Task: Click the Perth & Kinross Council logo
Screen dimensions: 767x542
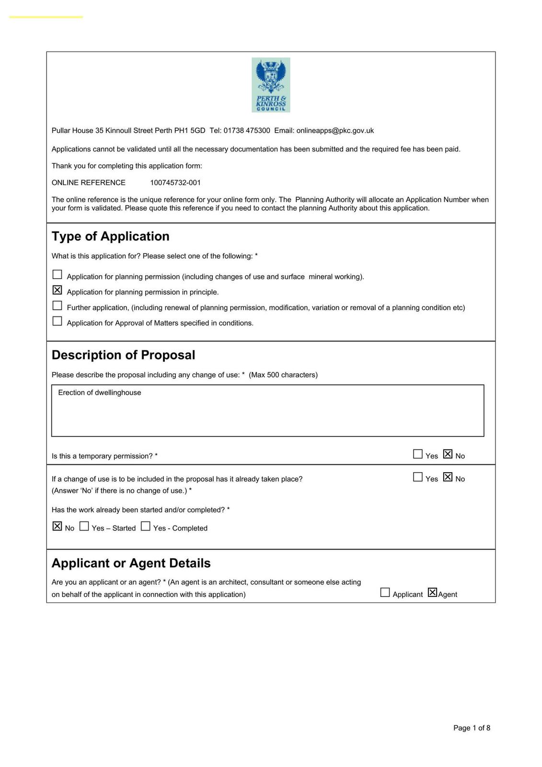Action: tap(271, 85)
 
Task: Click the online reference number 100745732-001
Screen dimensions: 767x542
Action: tap(175, 183)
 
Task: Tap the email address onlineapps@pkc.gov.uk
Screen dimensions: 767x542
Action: tap(335, 130)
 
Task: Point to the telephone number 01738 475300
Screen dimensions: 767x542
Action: tap(247, 130)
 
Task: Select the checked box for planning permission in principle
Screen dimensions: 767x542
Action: tap(58, 290)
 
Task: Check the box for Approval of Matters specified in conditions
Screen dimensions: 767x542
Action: tap(58, 321)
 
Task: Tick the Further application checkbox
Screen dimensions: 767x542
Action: tap(58, 305)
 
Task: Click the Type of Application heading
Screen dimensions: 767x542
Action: tap(111, 236)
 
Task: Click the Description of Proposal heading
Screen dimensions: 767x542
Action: tap(123, 355)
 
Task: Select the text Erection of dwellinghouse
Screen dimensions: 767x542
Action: tap(100, 393)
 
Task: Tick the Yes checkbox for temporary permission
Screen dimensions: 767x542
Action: tap(418, 454)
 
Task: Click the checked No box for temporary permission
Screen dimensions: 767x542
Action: tap(448, 454)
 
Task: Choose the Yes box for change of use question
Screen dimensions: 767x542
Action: tap(418, 477)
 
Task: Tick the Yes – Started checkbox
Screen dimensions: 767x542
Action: tap(84, 526)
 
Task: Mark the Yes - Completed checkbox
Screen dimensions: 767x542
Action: tap(146, 526)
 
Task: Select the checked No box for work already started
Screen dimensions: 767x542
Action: tap(58, 526)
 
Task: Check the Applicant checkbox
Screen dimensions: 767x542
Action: tap(385, 593)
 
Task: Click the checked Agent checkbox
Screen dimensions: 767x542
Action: tap(432, 593)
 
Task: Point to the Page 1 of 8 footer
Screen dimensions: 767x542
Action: tap(472, 728)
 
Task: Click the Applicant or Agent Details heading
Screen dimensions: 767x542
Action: tap(131, 563)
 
